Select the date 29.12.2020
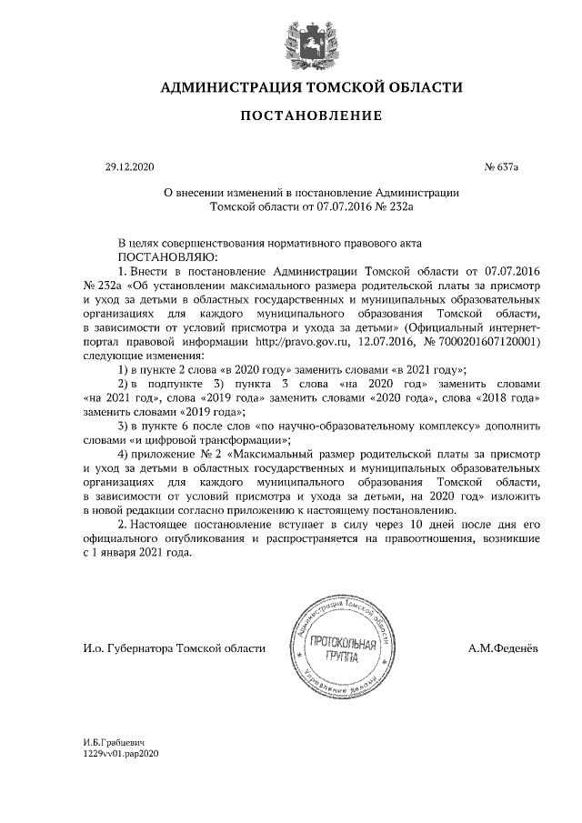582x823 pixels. [x=131, y=167]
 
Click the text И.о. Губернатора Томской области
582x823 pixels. [x=173, y=648]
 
